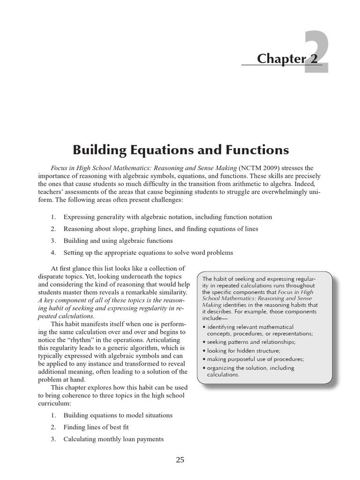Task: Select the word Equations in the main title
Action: point(163,150)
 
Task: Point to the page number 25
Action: point(180,460)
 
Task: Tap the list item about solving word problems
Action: point(148,253)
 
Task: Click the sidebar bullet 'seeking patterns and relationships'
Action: point(251,342)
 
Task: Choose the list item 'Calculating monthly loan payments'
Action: point(114,439)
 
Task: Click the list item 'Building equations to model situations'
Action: point(118,415)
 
